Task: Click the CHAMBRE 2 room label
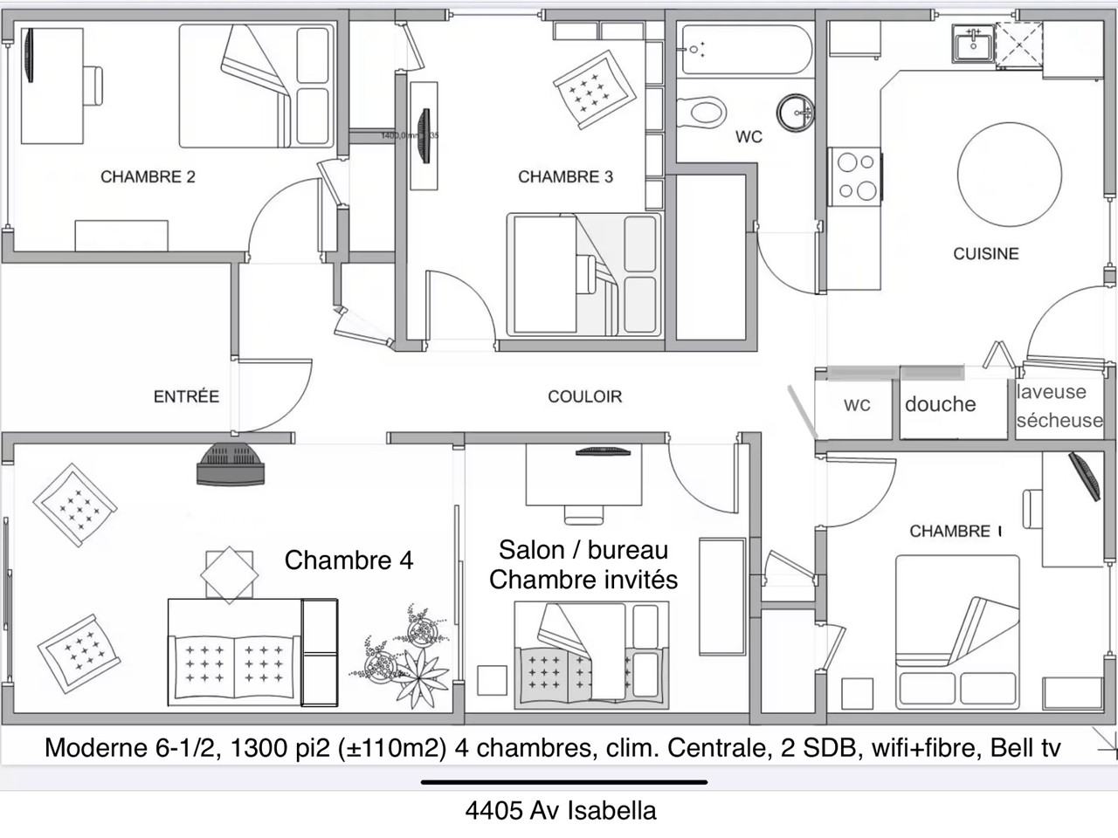pos(148,177)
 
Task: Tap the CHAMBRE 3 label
pos(565,177)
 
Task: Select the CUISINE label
pos(985,254)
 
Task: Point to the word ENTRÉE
pos(186,397)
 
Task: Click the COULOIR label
pos(584,397)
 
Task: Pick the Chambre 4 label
pos(349,560)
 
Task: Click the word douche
pos(940,404)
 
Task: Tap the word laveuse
pos(1051,392)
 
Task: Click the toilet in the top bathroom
pos(701,111)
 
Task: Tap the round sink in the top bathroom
pos(796,111)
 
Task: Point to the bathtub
pos(747,50)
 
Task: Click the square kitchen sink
pos(972,44)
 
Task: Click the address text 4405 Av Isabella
pos(560,811)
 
